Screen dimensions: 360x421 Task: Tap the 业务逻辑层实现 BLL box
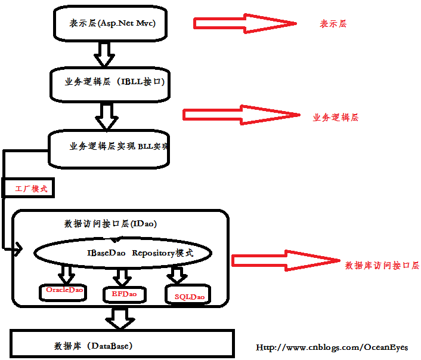click(x=109, y=148)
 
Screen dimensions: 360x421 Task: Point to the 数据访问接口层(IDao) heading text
click(x=110, y=224)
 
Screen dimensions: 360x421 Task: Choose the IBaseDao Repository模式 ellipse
click(x=122, y=253)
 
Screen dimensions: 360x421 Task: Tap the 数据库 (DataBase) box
click(x=122, y=346)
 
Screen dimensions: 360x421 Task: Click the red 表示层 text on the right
click(x=333, y=24)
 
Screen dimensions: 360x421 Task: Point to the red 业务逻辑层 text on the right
click(x=336, y=118)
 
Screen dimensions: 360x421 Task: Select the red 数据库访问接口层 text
click(x=382, y=265)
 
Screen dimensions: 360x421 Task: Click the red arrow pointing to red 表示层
click(x=244, y=23)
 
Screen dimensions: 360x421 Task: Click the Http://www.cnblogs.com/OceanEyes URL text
click(x=332, y=347)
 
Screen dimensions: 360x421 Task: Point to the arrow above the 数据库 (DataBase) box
click(x=122, y=318)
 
